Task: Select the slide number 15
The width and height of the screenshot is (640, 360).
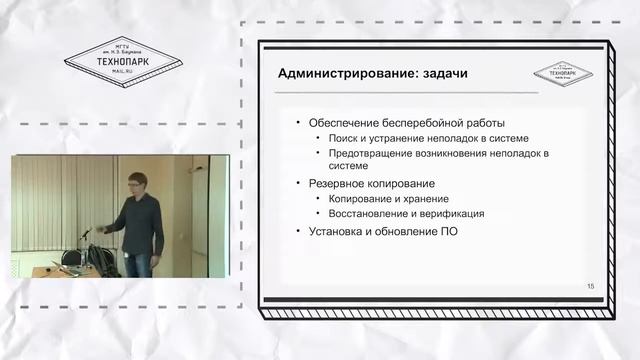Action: pos(590,287)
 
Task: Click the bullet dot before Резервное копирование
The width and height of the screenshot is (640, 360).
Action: pos(287,184)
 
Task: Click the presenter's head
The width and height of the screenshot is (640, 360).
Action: pos(134,180)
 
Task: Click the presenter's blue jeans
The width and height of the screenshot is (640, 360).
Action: pos(139,263)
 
